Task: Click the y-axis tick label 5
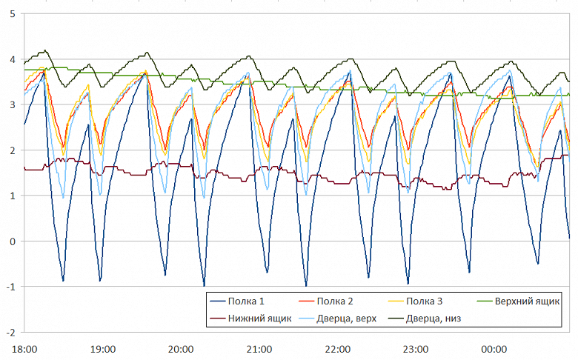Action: point(10,13)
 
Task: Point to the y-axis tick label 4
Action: point(10,59)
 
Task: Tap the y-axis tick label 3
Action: point(10,104)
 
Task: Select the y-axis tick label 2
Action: point(10,150)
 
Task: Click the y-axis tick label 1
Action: point(10,196)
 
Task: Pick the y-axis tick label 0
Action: point(10,241)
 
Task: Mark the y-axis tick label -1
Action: point(9,287)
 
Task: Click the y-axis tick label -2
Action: point(9,333)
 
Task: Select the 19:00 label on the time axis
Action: point(102,348)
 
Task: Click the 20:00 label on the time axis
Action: point(181,348)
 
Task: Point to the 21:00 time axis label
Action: point(259,348)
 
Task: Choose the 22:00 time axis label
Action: point(337,348)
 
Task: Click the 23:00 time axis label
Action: point(415,348)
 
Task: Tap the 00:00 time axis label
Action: point(494,348)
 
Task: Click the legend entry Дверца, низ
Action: point(445,319)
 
